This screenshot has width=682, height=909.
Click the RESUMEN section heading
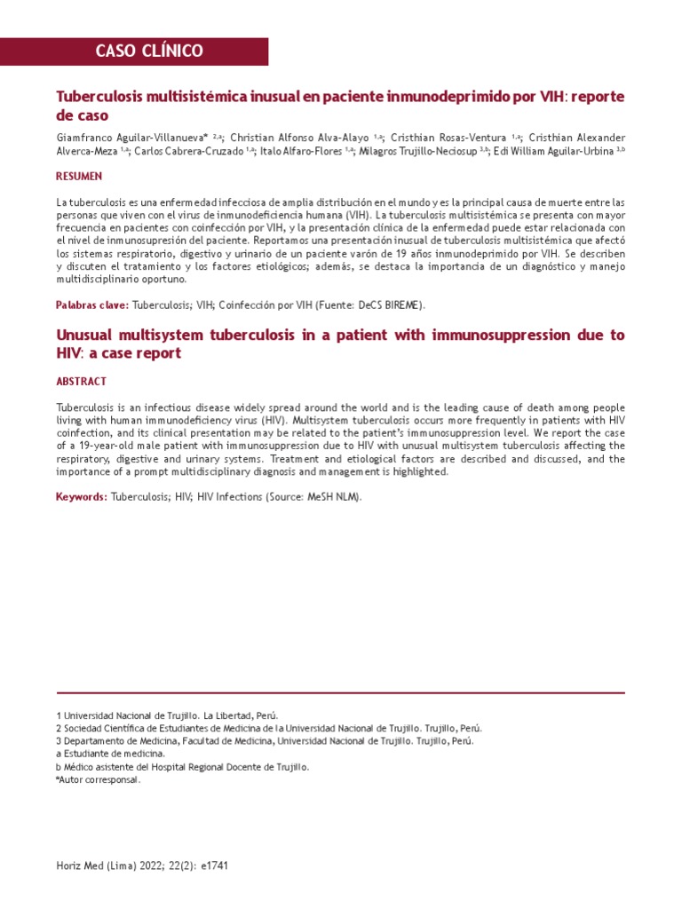(79, 178)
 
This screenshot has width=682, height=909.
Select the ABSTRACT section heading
(81, 382)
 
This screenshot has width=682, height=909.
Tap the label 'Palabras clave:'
(92, 305)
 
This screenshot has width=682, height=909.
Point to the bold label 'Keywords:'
(82, 497)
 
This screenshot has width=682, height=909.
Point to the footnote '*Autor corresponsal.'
(98, 780)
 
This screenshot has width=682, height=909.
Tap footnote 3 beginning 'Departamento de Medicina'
(265, 741)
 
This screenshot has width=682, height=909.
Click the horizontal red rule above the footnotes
(340, 692)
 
